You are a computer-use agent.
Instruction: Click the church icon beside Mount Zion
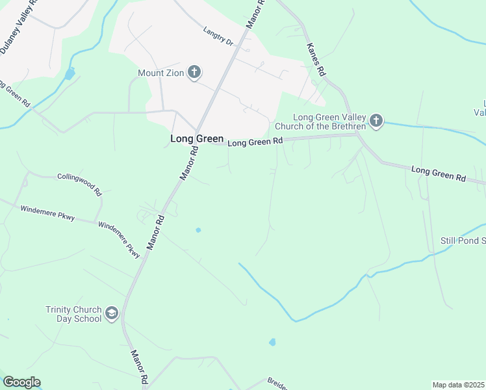pyautogui.click(x=194, y=72)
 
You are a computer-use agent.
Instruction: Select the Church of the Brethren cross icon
pyautogui.click(x=376, y=121)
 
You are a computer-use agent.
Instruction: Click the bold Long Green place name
pyautogui.click(x=197, y=139)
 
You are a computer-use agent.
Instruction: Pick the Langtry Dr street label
pyautogui.click(x=218, y=35)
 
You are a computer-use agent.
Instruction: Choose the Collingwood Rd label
pyautogui.click(x=80, y=185)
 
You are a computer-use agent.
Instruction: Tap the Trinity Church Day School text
pyautogui.click(x=73, y=315)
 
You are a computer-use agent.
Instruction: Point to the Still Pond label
pyautogui.click(x=463, y=241)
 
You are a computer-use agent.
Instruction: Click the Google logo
pyautogui.click(x=21, y=382)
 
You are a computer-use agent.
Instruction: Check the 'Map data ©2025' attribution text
pyautogui.click(x=459, y=385)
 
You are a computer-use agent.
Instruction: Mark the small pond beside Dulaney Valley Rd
pyautogui.click(x=70, y=73)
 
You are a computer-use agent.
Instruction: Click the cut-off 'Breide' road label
pyautogui.click(x=276, y=383)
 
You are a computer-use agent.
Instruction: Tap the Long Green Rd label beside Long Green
pyautogui.click(x=255, y=142)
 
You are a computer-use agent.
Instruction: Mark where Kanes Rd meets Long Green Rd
pyautogui.click(x=357, y=135)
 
